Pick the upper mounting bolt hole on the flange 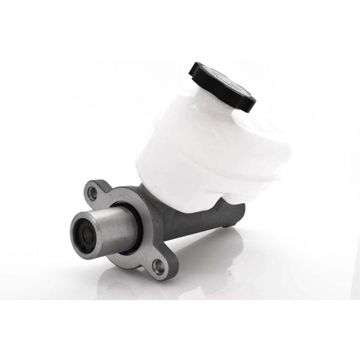(x=93, y=194)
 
